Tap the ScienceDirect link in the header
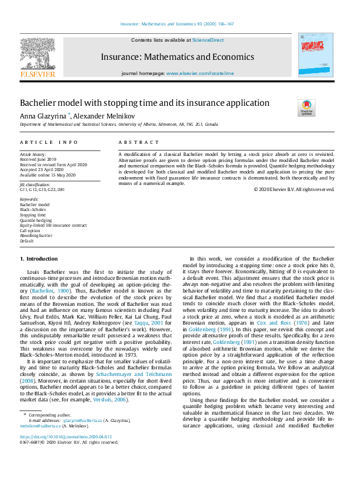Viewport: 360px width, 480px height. [x=208, y=40]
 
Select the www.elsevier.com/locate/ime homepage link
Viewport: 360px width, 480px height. [x=200, y=73]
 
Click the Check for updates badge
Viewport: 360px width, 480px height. [x=307, y=108]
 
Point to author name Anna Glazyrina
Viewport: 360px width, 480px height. [x=44, y=115]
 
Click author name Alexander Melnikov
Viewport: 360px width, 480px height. [x=104, y=115]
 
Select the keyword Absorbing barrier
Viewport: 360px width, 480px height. [x=36, y=236]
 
